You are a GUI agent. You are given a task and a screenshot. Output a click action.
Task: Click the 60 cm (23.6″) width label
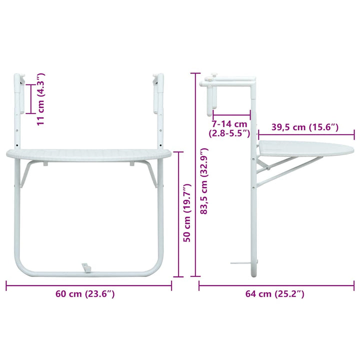click(85, 293)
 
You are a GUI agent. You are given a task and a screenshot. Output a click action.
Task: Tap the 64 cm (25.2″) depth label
click(275, 293)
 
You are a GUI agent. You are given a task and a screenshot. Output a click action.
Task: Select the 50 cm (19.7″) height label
click(187, 212)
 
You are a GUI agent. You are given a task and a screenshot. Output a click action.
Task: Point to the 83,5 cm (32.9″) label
click(204, 181)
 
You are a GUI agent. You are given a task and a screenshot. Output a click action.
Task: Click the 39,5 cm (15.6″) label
click(305, 127)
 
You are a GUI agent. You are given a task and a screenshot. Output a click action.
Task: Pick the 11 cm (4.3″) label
click(41, 99)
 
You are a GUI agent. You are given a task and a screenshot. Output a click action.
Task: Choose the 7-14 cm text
click(229, 124)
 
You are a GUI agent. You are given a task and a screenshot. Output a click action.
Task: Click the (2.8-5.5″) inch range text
click(229, 133)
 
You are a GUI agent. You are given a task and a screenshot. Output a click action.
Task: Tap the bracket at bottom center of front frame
click(86, 268)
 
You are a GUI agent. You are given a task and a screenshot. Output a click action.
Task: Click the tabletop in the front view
click(89, 155)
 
